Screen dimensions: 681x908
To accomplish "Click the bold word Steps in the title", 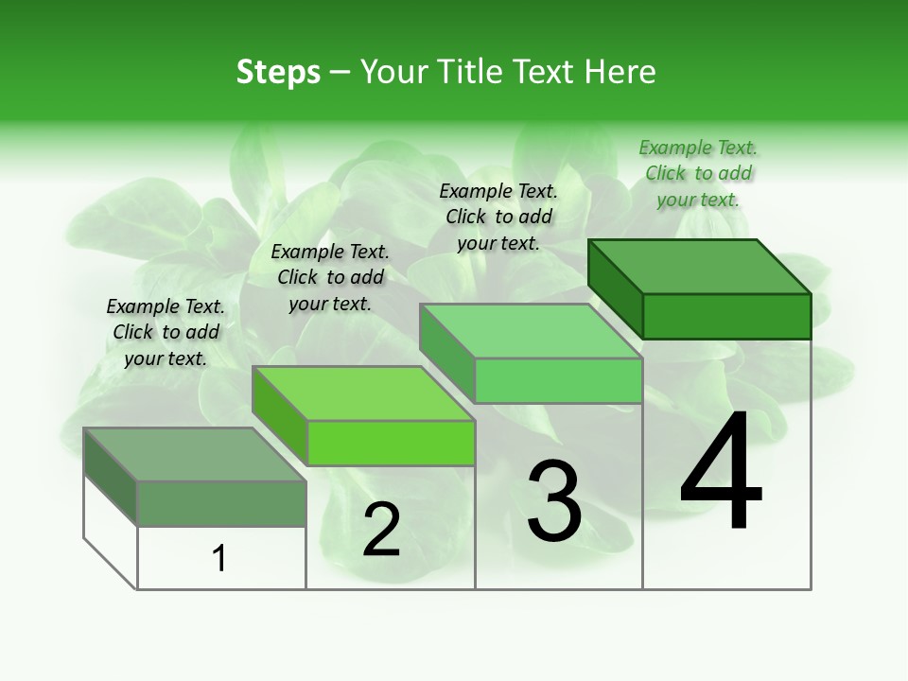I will [278, 72].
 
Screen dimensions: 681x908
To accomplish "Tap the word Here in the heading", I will [620, 72].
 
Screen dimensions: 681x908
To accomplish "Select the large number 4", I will [721, 473].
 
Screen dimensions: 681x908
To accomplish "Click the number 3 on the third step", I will [554, 501].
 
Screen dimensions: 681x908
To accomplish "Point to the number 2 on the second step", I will [381, 530].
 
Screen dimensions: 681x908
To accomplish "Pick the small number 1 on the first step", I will [219, 559].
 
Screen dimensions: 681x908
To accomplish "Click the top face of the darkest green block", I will [700, 266].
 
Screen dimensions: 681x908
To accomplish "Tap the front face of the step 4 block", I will [726, 316].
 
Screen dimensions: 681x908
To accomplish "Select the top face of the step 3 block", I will [531, 331].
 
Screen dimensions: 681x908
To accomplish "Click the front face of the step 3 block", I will [558, 380].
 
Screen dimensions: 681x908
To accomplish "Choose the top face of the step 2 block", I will [363, 393].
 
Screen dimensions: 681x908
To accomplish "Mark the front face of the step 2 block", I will [391, 443].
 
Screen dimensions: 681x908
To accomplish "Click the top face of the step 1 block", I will [195, 454].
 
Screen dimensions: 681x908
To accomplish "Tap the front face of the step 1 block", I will [221, 503].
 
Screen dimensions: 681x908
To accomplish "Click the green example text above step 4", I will [698, 173].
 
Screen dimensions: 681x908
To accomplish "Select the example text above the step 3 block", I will [498, 217].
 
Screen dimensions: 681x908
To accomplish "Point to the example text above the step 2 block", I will [330, 277].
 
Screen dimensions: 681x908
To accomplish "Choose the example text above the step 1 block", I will [166, 332].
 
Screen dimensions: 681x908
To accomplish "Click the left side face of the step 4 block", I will [615, 288].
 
